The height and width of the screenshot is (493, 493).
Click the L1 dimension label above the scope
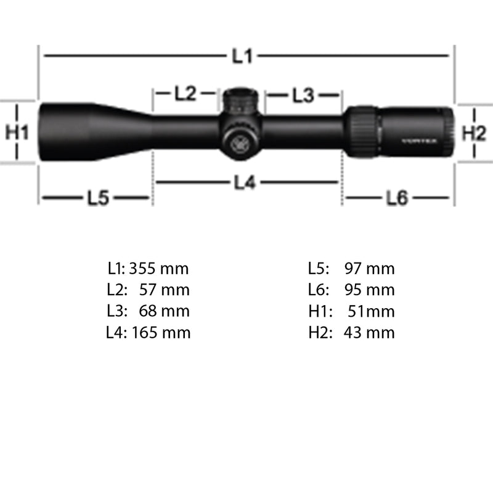click(x=243, y=57)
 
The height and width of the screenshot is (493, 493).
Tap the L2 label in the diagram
click(x=185, y=94)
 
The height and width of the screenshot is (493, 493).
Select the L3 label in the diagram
click(x=303, y=95)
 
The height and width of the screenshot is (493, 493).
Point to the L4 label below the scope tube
click(x=245, y=183)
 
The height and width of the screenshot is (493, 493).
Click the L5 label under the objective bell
click(x=97, y=198)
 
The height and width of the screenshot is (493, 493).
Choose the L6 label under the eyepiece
click(x=397, y=198)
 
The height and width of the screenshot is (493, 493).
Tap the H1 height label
click(x=17, y=132)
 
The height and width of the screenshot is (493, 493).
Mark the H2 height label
click(x=474, y=132)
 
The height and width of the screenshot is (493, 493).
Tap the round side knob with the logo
click(x=238, y=141)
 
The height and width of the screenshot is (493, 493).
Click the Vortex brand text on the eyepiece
click(x=419, y=141)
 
